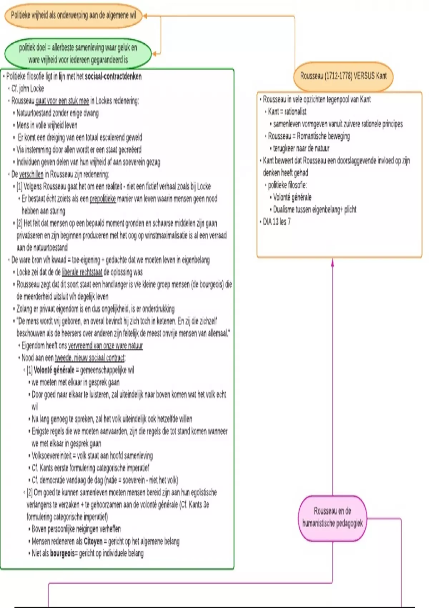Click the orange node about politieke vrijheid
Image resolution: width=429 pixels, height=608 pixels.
click(73, 15)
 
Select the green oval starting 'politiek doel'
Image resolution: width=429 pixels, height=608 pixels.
click(78, 53)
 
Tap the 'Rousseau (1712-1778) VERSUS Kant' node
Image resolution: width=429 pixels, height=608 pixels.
click(343, 76)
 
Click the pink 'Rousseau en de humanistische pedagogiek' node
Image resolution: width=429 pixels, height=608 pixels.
click(332, 517)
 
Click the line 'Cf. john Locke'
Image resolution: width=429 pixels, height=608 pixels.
click(28, 89)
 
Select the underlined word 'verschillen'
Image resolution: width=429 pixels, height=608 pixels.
click(31, 175)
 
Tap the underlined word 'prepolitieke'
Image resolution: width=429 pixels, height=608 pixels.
click(103, 199)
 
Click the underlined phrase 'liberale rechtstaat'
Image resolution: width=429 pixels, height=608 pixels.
click(82, 273)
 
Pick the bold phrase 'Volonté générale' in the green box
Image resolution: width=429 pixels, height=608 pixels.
click(54, 370)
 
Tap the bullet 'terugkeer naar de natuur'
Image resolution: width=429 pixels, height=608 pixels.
click(301, 148)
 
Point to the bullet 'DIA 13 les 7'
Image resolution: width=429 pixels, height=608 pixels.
click(277, 222)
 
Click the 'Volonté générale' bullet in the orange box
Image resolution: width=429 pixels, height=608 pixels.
click(292, 197)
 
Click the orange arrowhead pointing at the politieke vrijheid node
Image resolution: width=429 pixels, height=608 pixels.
click(145, 16)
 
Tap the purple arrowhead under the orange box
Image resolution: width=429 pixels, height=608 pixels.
click(332, 262)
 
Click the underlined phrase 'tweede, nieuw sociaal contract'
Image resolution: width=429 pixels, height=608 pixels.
click(89, 358)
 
